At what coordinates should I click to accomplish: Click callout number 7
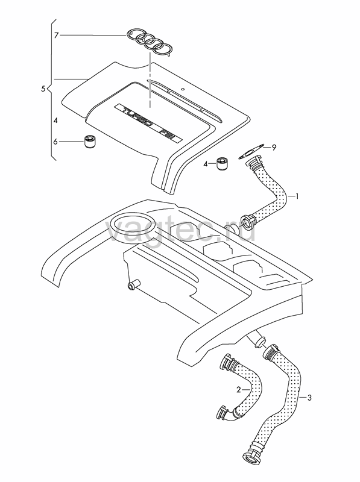point(56,36)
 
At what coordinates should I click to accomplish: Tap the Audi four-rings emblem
point(150,43)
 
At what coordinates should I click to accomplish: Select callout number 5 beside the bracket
point(43,89)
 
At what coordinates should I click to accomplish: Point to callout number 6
point(55,142)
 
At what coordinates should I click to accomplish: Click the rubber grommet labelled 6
point(90,142)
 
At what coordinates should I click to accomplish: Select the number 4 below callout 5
point(55,121)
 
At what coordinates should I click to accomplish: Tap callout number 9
point(274,148)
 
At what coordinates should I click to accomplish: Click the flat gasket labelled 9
point(251,152)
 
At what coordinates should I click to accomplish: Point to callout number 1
point(297,196)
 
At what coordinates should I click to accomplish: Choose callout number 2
point(238,390)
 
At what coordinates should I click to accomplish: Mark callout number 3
point(309,398)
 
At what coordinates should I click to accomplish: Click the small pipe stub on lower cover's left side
point(133,284)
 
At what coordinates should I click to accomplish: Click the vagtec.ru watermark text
point(181,229)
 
